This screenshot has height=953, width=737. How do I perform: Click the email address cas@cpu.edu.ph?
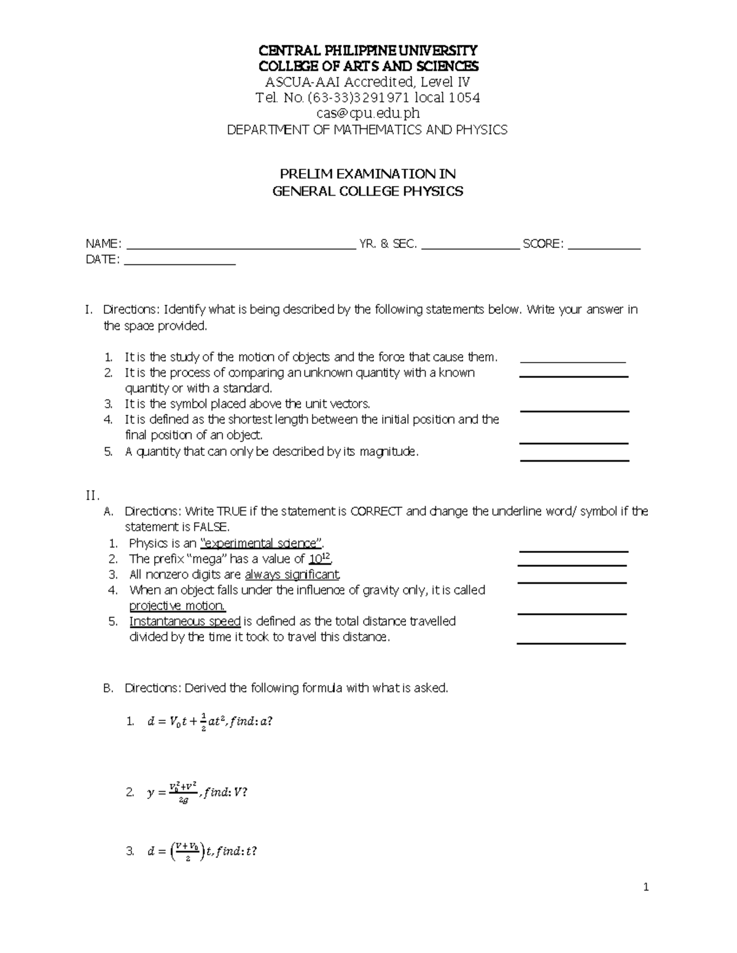367,114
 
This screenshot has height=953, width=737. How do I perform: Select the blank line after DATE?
180,264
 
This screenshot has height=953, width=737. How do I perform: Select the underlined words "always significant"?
292,575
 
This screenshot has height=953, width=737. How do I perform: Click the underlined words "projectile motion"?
177,606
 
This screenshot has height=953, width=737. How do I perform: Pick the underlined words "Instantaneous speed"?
184,622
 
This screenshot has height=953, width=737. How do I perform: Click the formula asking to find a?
209,722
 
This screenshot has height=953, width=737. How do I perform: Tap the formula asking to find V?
197,792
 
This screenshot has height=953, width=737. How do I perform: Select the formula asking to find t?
202,851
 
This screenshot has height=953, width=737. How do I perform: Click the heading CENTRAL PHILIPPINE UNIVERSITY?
367,50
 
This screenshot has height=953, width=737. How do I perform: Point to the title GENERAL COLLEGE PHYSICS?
367,191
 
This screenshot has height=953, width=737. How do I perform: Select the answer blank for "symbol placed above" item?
574,411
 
